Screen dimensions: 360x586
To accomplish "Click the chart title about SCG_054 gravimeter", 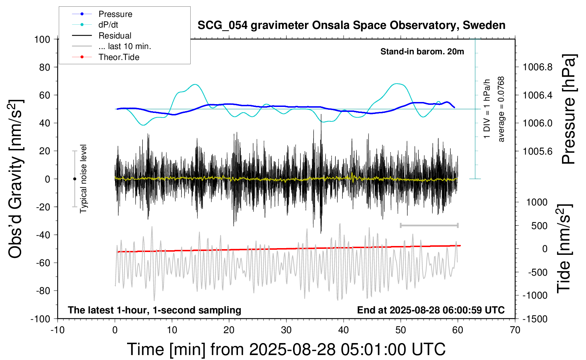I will [351, 25].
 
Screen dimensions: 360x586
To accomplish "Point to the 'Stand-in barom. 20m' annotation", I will [422, 52].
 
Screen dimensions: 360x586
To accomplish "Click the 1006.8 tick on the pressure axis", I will [538, 67].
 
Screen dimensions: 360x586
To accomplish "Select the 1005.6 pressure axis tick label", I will [538, 151].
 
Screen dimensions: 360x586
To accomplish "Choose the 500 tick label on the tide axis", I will [539, 226].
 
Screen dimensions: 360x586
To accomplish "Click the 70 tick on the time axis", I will [515, 330].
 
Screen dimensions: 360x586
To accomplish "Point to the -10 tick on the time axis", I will [58, 330].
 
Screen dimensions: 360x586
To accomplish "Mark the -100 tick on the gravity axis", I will [40, 319].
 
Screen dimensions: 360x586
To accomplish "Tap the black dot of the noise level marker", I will [74, 179].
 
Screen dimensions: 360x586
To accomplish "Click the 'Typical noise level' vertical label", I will [83, 179].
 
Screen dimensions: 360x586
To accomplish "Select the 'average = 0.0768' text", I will [501, 109].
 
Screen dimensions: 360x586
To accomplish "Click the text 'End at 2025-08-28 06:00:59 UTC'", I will [431, 310].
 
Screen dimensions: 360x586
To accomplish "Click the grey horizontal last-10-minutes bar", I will [429, 225].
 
